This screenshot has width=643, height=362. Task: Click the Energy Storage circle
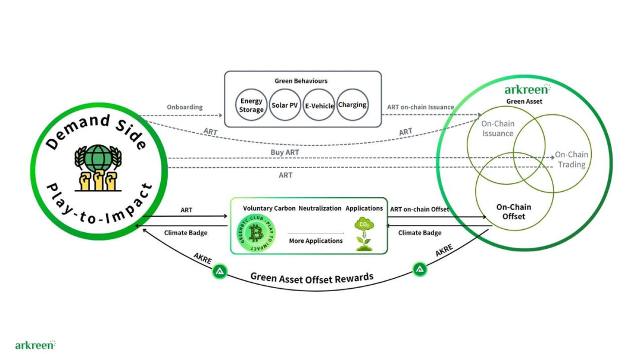(x=252, y=105)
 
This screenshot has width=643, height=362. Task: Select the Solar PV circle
(x=285, y=105)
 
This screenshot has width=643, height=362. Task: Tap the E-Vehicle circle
(x=319, y=105)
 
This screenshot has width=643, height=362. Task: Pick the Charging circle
(x=352, y=105)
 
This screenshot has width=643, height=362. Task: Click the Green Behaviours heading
(x=301, y=81)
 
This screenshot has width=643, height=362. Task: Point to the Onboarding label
(x=185, y=108)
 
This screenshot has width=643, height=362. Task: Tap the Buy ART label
(x=285, y=152)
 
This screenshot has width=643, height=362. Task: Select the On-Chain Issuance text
(x=498, y=129)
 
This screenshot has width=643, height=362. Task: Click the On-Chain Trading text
(x=572, y=160)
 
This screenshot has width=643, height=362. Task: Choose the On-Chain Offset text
(x=513, y=212)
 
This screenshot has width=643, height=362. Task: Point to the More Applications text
(x=316, y=241)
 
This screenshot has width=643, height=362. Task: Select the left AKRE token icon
(x=220, y=272)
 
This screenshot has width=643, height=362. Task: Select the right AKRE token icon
(x=420, y=270)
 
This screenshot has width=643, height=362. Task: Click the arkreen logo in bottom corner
(x=35, y=345)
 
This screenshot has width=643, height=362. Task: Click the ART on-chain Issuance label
(x=420, y=108)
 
